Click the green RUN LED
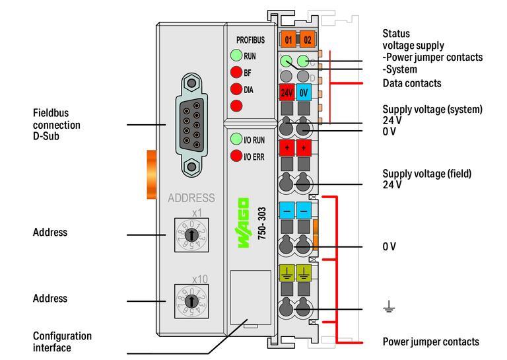tap(236, 56)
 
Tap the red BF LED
tap(236, 73)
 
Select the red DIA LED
tap(236, 89)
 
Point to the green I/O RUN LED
tap(236, 139)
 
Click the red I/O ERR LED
tap(236, 156)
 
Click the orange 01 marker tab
tap(288, 40)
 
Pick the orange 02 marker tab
tap(307, 40)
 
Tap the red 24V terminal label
tap(287, 93)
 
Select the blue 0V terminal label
tap(304, 93)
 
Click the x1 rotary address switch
tap(191, 234)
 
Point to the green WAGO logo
tap(244, 223)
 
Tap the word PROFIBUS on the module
tap(250, 40)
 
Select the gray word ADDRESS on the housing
tap(191, 198)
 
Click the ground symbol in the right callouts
tap(389, 306)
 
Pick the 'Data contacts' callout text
tap(412, 83)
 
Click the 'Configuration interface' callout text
tap(62, 342)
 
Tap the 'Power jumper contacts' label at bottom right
tap(430, 342)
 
